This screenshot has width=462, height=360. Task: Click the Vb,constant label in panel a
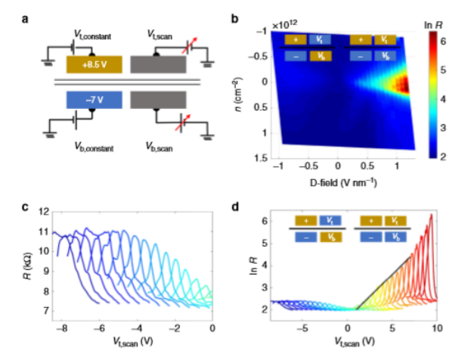[x=93, y=149]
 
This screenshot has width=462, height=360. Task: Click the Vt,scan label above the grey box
[x=165, y=33]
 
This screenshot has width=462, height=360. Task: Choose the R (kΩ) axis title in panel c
[x=28, y=260]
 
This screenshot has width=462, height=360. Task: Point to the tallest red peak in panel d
[x=431, y=215]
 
